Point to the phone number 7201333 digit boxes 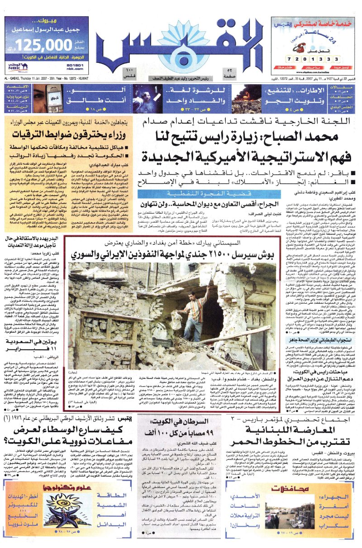317,59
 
